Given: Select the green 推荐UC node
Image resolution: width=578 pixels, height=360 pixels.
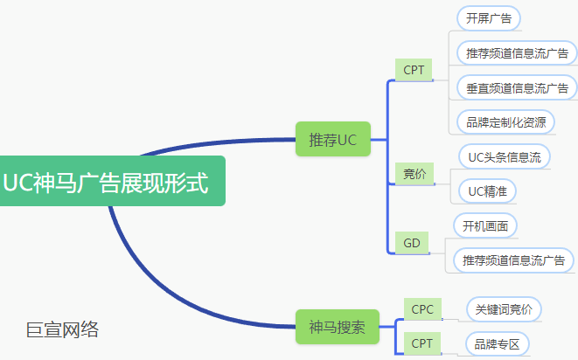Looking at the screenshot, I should coord(333,140).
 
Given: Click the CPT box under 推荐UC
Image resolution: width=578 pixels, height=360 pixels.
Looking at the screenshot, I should coord(413,70).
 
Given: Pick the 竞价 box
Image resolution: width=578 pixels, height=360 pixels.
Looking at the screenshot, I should coord(414,174).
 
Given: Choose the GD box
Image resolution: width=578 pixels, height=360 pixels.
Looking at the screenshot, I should coord(411,243).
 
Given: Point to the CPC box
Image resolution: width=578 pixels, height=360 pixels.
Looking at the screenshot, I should coord(422,308).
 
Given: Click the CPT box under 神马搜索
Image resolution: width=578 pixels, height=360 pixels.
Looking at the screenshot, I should coord(422,343).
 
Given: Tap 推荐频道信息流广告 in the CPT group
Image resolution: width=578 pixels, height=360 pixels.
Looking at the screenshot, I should coord(515,53).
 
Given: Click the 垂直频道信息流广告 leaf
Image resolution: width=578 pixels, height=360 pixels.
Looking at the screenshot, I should coord(515,87).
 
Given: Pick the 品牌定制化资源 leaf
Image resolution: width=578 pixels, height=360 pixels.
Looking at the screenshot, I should coord(505,121).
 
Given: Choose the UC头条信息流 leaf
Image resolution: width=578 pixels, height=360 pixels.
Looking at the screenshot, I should coord(504,157).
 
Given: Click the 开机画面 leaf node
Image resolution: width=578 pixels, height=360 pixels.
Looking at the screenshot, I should coord(485,225).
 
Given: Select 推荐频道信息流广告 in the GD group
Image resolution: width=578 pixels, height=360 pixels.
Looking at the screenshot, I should coord(513,260).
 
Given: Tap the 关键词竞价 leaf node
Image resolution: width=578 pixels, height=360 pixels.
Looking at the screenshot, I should coord(503,309).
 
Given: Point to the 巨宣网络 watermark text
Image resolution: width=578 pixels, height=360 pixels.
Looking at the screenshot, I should coord(62,329).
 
